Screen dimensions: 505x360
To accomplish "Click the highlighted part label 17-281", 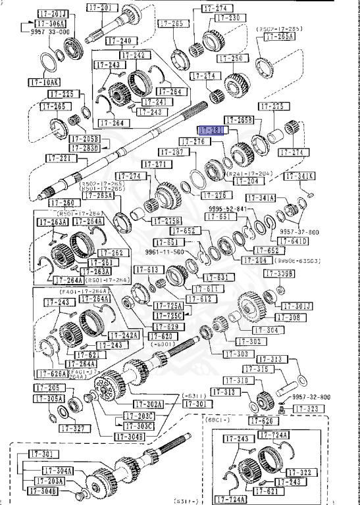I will pos(212,131).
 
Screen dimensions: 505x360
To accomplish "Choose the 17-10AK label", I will pos(44,83).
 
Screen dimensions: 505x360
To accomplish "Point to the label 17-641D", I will pos(294,241).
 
